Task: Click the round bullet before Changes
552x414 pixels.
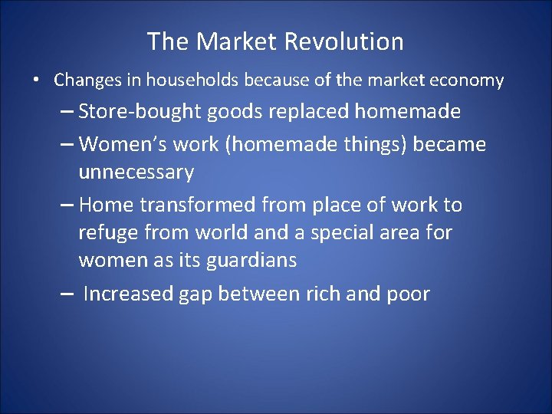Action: [36, 80]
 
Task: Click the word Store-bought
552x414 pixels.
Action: [143, 112]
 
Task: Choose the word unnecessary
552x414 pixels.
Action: [136, 172]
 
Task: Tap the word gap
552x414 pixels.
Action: [202, 294]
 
